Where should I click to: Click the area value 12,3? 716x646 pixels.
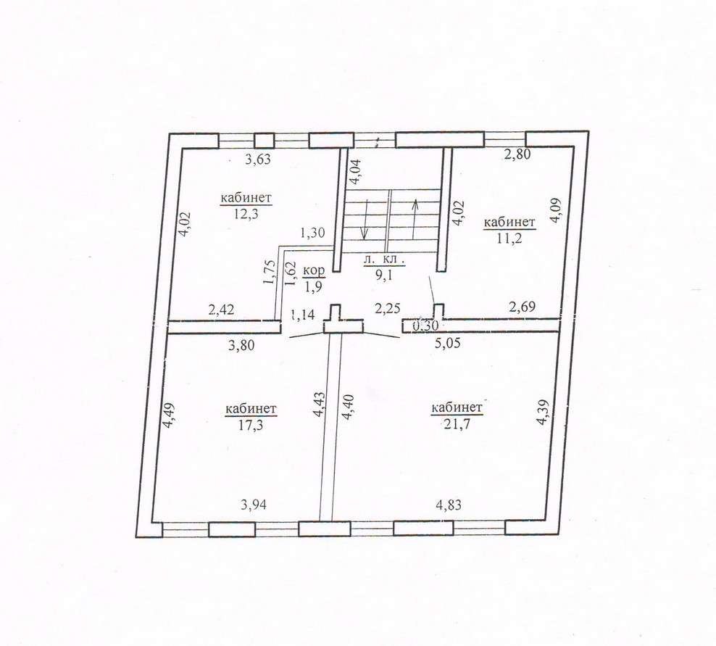pos(246,213)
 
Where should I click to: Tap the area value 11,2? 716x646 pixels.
pos(509,238)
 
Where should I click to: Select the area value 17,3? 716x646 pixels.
pos(251,424)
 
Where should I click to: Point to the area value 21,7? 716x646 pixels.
pos(457,424)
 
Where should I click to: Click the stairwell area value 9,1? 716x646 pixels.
pos(383,276)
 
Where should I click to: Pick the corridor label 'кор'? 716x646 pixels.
pos(315,270)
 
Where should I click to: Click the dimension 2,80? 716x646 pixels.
pos(518,154)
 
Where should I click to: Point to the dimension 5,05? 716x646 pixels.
pos(448,342)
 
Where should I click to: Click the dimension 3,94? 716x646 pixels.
pos(253,505)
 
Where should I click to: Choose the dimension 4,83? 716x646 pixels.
pos(449,505)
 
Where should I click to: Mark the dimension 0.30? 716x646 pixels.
pos(425,326)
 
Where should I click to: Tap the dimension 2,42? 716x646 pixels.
pos(221,310)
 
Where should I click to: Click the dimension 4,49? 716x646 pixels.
pos(169,415)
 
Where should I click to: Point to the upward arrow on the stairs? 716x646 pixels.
pos(415,218)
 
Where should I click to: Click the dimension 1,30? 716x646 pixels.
pos(312,233)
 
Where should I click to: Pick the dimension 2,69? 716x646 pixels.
pos(522,307)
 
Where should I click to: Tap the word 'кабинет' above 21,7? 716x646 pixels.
pos(457,407)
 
